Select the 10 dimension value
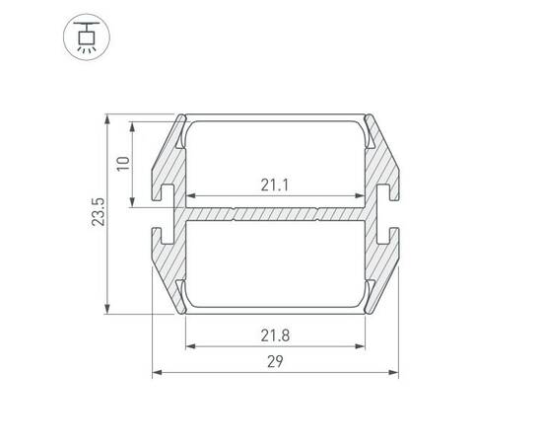(x=123, y=164)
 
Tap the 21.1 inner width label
(x=275, y=185)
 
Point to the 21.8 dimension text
(x=275, y=335)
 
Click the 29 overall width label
(x=275, y=362)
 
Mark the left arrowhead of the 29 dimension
(x=157, y=372)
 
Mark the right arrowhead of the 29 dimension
(x=394, y=372)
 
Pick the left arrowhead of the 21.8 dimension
(x=190, y=346)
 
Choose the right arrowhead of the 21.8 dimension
(x=360, y=346)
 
